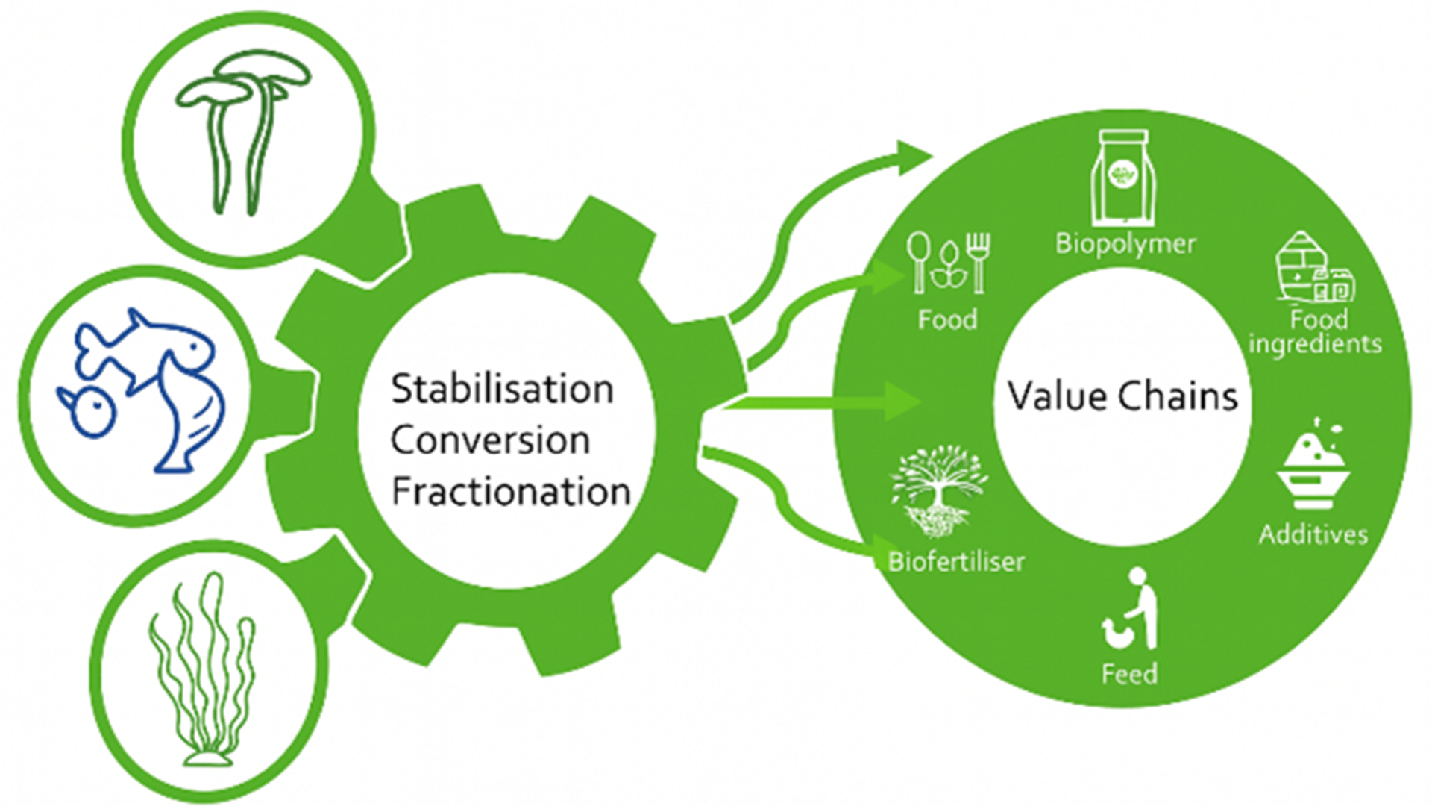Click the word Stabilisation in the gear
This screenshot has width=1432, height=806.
point(502,390)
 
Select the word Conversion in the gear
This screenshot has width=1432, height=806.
point(490,440)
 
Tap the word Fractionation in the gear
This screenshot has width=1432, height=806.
point(511,492)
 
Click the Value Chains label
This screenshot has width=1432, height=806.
point(1122,396)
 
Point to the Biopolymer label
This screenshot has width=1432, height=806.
point(1125,244)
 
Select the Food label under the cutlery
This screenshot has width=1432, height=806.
point(947,319)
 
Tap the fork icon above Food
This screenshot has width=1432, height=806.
point(978,261)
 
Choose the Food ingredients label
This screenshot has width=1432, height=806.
point(1316,332)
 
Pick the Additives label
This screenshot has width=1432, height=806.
point(1313,534)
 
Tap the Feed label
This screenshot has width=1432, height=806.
point(1129,674)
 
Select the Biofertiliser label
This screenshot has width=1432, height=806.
point(956,561)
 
